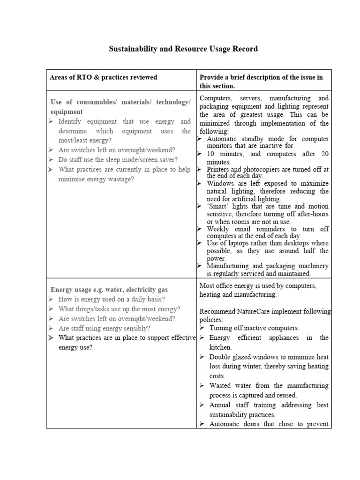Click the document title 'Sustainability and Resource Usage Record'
(183, 49)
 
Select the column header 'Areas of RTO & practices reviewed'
(103, 77)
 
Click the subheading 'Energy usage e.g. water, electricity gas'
(109, 290)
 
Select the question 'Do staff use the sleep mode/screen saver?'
(118, 160)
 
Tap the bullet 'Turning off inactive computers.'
(254, 328)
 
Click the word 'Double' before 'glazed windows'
(220, 357)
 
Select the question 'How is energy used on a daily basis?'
(111, 299)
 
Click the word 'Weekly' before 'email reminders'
(218, 229)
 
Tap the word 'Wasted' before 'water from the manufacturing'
(221, 386)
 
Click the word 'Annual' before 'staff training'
(220, 405)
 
